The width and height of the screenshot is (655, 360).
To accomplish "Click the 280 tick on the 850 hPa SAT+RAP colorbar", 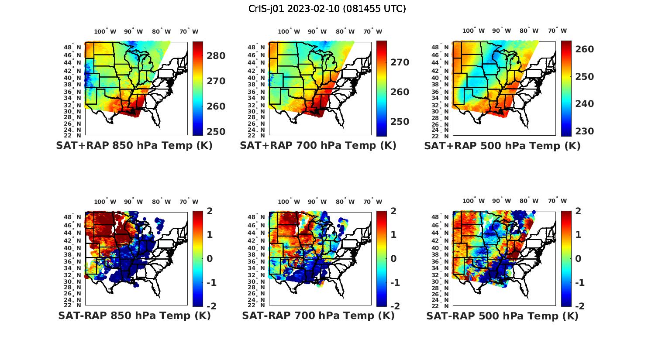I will pos(217,56).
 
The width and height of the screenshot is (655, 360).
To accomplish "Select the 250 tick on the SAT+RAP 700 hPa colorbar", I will pos(400,122).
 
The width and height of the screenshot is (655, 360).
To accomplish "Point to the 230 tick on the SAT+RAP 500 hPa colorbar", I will pos(585,131).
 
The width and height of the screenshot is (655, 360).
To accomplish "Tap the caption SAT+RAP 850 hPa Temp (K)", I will pos(134,146).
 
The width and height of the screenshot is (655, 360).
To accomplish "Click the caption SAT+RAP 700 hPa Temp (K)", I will pos(318,146).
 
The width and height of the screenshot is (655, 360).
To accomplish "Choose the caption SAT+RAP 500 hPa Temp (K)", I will pos(502,146).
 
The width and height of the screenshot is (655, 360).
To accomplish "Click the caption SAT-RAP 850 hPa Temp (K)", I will pos(134,315).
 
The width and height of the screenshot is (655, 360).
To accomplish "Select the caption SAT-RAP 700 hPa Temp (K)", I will pos(318,315).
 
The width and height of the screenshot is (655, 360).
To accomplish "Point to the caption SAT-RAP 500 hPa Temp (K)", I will pos(502,315).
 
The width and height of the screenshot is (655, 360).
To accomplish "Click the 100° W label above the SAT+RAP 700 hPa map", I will pos(289,31).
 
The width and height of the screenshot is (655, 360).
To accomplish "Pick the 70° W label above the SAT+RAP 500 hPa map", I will pos(557,31).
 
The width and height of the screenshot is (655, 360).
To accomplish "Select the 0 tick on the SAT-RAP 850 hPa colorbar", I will pos(210,259).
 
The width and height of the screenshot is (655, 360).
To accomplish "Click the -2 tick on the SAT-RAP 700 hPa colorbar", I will pos(394,306).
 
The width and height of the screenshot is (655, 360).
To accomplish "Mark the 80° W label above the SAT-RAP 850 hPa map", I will pos(159,202).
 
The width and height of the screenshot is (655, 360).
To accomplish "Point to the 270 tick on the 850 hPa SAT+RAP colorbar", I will pos(217,81).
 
